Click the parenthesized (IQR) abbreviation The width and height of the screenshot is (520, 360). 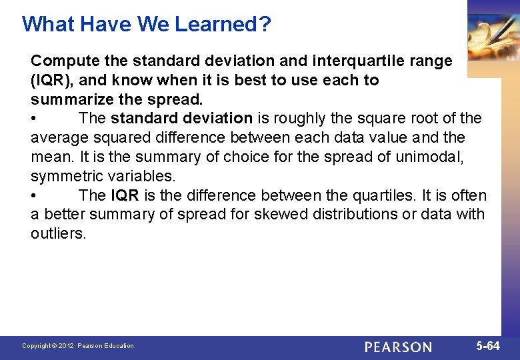click(52, 80)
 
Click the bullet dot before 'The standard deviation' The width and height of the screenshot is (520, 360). click(34, 119)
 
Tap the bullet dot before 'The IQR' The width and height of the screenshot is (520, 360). click(34, 196)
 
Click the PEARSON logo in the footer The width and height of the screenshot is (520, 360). click(398, 347)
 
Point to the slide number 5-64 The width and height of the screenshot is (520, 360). click(488, 346)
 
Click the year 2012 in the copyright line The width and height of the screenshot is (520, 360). click(65, 346)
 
